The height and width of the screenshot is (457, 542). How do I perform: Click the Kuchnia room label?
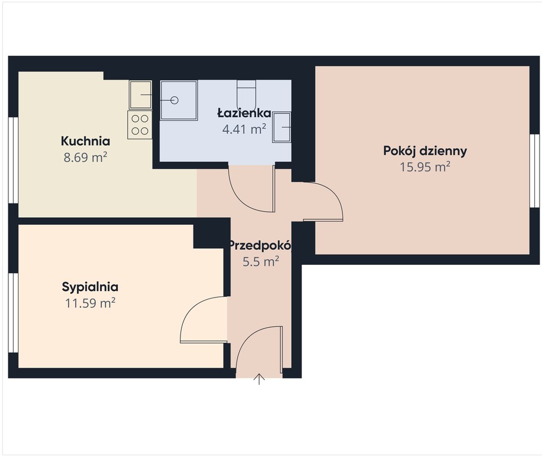pyautogui.click(x=85, y=141)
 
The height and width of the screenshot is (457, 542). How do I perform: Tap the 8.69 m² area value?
pyautogui.click(x=85, y=158)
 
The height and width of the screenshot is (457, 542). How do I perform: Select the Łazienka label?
pyautogui.click(x=244, y=113)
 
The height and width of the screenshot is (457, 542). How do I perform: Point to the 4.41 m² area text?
pyautogui.click(x=244, y=129)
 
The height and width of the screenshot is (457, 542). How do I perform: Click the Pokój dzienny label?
pyautogui.click(x=425, y=151)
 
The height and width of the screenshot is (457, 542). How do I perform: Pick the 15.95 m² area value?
pyautogui.click(x=425, y=167)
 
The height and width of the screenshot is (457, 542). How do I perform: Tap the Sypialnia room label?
pyautogui.click(x=90, y=287)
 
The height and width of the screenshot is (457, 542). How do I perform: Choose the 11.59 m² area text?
pyautogui.click(x=90, y=303)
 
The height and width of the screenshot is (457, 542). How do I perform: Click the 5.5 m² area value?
pyautogui.click(x=261, y=261)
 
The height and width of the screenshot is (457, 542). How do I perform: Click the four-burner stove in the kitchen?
pyautogui.click(x=139, y=125)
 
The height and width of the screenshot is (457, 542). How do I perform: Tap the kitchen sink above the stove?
pyautogui.click(x=141, y=95)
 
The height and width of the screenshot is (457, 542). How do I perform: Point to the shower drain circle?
pyautogui.click(x=175, y=100)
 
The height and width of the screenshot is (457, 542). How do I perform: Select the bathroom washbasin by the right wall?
pyautogui.click(x=282, y=127)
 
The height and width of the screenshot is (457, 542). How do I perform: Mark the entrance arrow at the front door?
pyautogui.click(x=259, y=379)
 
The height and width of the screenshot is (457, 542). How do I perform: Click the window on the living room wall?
pyautogui.click(x=534, y=171)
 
